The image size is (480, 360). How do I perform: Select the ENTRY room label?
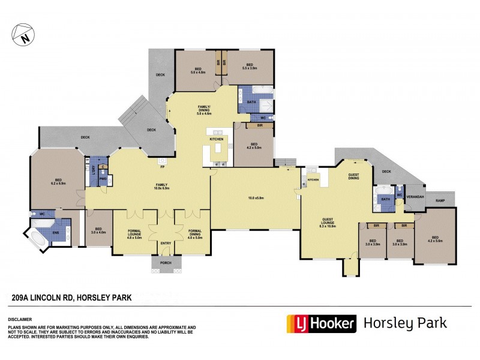[x=165, y=243]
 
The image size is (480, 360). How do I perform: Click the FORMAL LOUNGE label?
[x=134, y=232]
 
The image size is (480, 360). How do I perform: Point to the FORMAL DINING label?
[x=194, y=232]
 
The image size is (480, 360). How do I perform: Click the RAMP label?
[x=440, y=200]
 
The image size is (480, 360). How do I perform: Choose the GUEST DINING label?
[x=354, y=176]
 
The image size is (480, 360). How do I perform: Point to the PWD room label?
[x=103, y=178]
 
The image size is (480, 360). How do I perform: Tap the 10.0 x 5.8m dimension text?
[x=256, y=197]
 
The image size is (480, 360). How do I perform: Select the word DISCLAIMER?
[x=20, y=320]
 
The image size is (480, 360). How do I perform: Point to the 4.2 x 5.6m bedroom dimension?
[x=434, y=240]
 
